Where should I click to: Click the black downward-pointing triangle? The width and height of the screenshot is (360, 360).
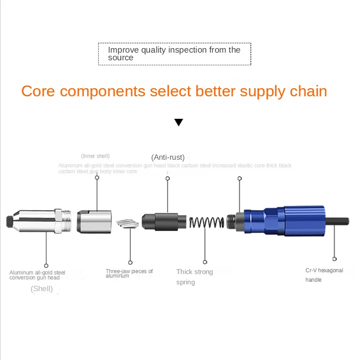[179, 122]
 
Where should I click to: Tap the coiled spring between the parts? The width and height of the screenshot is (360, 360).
[207, 222]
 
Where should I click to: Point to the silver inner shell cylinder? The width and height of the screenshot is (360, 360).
[93, 221]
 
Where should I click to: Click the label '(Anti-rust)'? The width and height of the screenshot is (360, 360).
[167, 157]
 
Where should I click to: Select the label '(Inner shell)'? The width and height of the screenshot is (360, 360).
[95, 156]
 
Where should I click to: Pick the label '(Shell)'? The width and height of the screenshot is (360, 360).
[42, 288]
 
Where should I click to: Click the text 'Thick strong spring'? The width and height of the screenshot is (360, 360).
[194, 277]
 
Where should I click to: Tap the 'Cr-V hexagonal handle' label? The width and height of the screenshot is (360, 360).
[324, 275]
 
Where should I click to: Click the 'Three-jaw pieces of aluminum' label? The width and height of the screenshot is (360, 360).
[129, 274]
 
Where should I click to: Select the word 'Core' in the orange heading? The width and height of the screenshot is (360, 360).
[38, 91]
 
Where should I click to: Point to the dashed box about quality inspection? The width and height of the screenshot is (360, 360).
[175, 54]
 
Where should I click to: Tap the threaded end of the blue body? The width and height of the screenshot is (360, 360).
[231, 221]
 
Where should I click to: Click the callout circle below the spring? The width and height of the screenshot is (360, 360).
[205, 262]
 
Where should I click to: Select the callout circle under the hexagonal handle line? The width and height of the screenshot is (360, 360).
[334, 259]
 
